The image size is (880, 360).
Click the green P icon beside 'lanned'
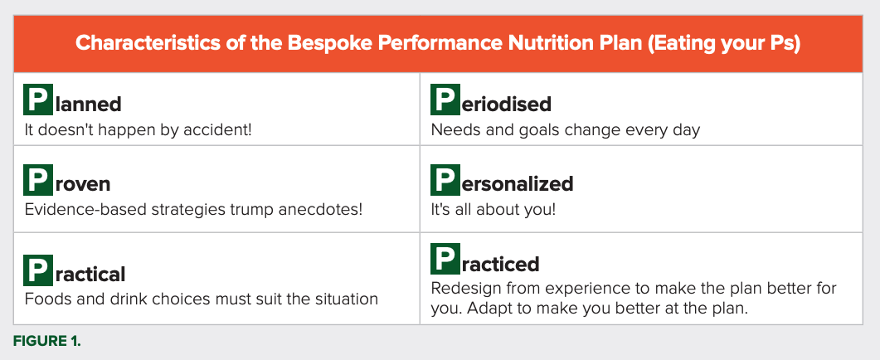38,100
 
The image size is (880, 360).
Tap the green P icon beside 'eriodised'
445,100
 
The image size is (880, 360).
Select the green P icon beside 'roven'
38,180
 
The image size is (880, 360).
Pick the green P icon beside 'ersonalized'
445,180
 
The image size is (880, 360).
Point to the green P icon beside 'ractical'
38,270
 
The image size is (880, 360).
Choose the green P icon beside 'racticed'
445,258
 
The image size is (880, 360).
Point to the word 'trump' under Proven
246,210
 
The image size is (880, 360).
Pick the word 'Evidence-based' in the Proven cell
82,210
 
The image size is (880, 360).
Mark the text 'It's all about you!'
493,211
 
